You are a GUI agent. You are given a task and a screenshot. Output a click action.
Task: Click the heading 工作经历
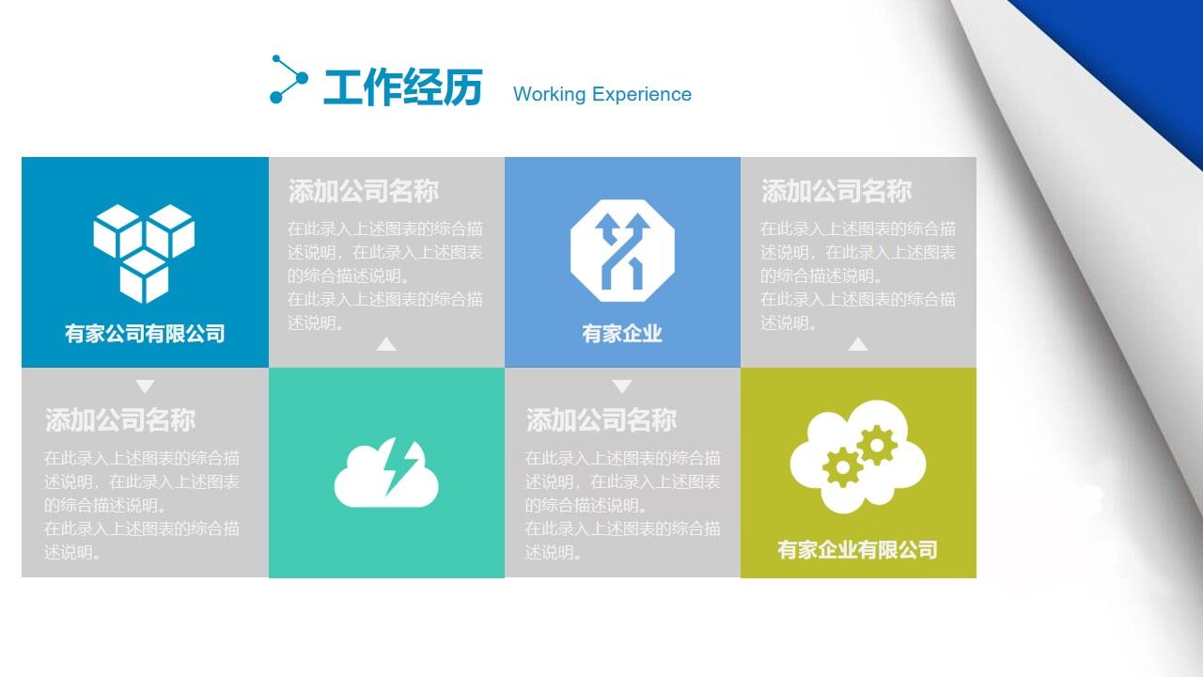click(x=402, y=88)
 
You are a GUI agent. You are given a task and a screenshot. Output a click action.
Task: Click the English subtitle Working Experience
click(x=601, y=94)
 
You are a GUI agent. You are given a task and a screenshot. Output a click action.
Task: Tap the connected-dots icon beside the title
click(x=288, y=79)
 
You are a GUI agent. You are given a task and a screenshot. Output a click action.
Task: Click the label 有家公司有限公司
click(x=145, y=334)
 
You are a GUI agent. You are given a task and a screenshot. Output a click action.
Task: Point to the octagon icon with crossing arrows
click(x=622, y=250)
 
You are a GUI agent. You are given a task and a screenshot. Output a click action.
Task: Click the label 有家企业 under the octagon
click(x=622, y=334)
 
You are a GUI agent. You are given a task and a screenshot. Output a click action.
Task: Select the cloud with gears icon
click(x=857, y=457)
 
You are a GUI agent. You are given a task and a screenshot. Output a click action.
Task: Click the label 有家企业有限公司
click(x=857, y=550)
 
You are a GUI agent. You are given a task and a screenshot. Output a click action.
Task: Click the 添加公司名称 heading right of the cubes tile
click(x=364, y=192)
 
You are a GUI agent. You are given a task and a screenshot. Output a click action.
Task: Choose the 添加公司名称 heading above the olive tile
click(x=836, y=192)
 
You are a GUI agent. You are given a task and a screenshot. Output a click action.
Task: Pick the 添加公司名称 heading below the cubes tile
click(x=120, y=420)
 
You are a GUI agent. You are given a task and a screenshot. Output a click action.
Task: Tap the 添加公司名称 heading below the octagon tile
click(x=601, y=420)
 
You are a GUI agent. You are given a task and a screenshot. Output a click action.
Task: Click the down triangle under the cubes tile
click(x=145, y=386)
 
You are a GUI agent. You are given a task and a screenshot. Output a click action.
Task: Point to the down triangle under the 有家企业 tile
click(x=622, y=386)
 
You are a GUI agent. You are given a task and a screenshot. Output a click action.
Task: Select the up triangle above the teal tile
click(x=386, y=344)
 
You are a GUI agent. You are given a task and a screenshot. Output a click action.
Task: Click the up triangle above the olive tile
click(x=857, y=344)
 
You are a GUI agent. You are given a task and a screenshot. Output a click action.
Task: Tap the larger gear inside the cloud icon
click(x=877, y=445)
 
